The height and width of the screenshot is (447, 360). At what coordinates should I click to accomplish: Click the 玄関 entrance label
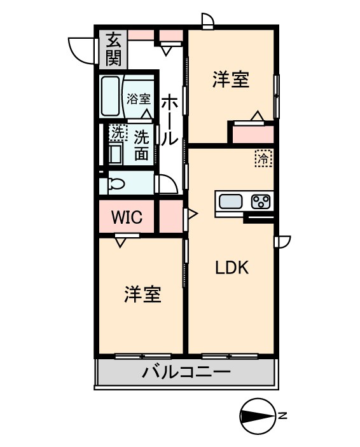point(114,50)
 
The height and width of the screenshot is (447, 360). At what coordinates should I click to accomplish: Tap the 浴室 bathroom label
point(139,99)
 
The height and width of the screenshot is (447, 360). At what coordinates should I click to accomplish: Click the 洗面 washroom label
point(141,144)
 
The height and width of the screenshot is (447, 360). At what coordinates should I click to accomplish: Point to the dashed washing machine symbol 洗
point(116,133)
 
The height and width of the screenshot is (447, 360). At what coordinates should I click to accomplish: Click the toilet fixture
point(115,184)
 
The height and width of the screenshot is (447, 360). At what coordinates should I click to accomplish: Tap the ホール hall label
point(169,121)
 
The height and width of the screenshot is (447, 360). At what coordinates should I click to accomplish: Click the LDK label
point(230,268)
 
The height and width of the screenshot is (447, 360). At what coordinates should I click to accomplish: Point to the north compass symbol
point(258,416)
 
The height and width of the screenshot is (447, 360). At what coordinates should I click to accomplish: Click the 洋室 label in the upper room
point(230,81)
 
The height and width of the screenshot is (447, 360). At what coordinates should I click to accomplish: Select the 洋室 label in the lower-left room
point(142,294)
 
